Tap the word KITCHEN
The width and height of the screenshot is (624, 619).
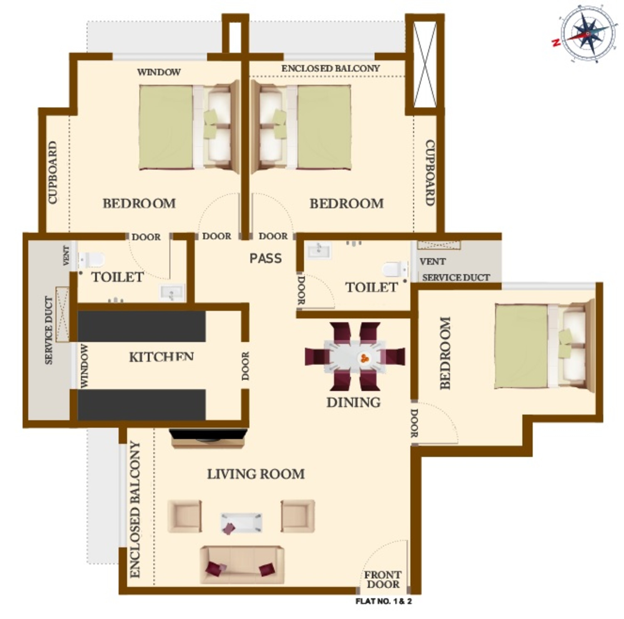[x=161, y=357]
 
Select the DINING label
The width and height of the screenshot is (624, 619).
[x=353, y=402]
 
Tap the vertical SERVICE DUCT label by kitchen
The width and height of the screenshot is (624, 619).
[x=49, y=330]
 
